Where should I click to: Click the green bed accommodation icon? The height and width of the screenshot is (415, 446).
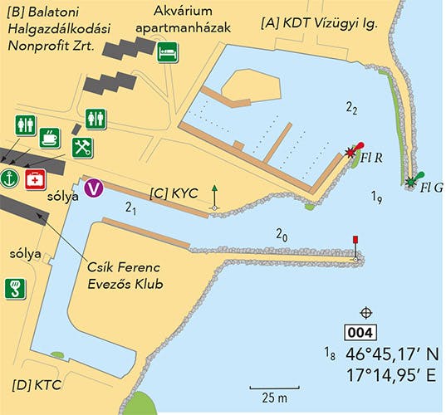click(169, 50)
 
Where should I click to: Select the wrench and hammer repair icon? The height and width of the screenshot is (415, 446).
click(81, 148)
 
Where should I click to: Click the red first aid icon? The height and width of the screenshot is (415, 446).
click(35, 178)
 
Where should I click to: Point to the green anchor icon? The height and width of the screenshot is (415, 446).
click(10, 178)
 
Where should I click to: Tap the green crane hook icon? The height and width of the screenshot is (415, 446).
click(15, 288)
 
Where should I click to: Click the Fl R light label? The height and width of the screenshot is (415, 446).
click(374, 156)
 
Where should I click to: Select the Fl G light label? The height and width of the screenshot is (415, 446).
click(432, 188)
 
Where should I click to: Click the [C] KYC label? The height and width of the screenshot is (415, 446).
click(174, 193)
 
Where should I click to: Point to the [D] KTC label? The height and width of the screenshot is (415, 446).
click(37, 385)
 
